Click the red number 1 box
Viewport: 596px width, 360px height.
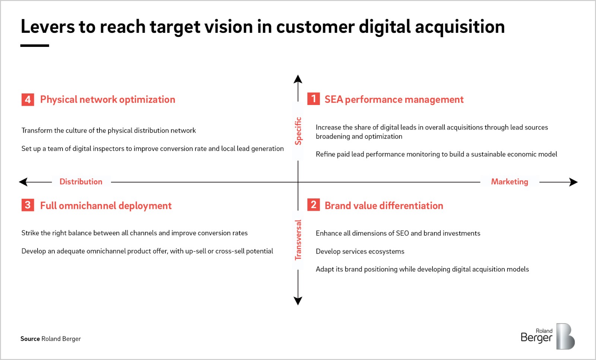(x=313, y=99)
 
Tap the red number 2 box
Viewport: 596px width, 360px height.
(x=313, y=205)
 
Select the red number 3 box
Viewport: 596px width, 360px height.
(x=28, y=205)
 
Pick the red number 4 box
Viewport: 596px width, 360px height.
(x=28, y=100)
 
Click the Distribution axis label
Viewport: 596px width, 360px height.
(x=81, y=182)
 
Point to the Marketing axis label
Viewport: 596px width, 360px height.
(x=510, y=182)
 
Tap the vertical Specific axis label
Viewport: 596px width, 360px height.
(x=298, y=131)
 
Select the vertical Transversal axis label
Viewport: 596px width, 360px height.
(x=298, y=240)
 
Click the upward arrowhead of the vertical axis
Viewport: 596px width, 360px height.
(x=298, y=79)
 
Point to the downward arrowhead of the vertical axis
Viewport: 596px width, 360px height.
(x=298, y=301)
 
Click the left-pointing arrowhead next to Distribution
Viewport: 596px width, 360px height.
(x=23, y=182)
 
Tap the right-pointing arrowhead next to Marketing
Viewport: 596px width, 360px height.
(x=573, y=182)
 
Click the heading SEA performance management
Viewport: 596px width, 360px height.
(x=394, y=99)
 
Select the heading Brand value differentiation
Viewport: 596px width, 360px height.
(x=384, y=206)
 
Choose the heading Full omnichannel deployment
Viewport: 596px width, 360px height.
(x=106, y=206)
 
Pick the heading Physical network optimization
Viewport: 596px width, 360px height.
(x=108, y=100)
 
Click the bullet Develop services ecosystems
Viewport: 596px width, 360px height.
(x=360, y=251)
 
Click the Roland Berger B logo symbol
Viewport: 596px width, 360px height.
(x=565, y=336)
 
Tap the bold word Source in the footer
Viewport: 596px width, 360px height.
(x=30, y=338)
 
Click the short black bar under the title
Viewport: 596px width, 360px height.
(x=35, y=46)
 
